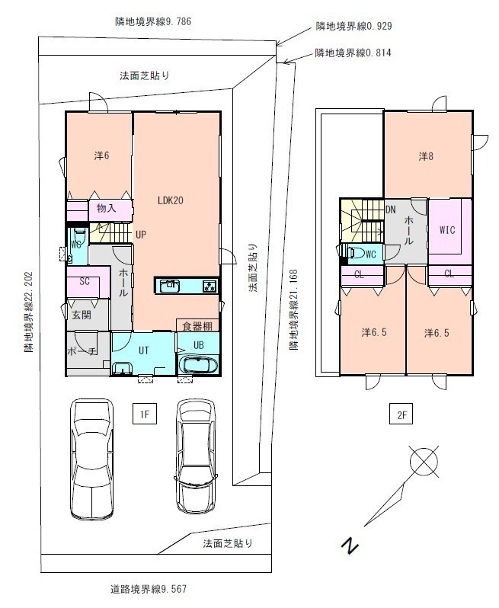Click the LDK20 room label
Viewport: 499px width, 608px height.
point(170,200)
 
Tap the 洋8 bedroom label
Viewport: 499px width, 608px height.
point(426,156)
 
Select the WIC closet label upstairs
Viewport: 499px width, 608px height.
point(447,230)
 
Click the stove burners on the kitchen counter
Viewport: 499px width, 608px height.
point(210,286)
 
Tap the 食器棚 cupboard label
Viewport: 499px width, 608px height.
point(197,326)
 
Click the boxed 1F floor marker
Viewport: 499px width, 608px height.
point(145,414)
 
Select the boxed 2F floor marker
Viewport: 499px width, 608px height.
point(401,414)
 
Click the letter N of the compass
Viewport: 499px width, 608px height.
point(350,545)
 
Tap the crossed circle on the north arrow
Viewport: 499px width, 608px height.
point(424,461)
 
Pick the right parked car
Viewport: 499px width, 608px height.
point(196,456)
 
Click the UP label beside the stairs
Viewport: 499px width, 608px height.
point(141,235)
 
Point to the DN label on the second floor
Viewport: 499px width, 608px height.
point(391,210)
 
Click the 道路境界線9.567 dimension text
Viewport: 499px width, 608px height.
point(149,590)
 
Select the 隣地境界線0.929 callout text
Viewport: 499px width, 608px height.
point(353,26)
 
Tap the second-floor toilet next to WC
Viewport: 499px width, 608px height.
point(357,253)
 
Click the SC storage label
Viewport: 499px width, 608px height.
point(85,281)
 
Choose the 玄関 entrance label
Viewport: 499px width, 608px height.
point(82,315)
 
